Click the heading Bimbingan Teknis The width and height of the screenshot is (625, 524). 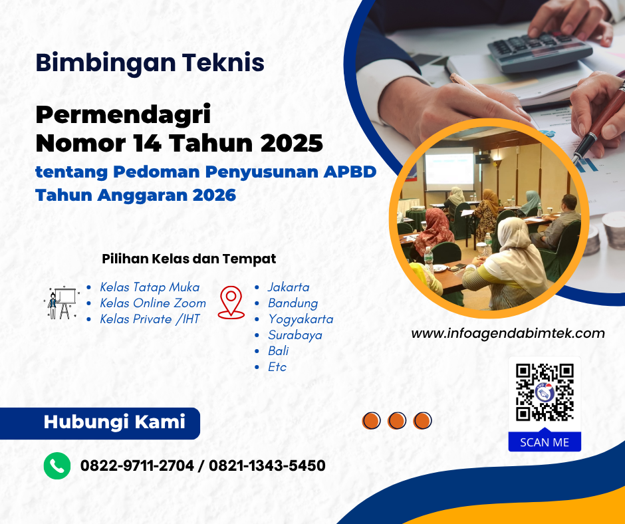tap(150, 63)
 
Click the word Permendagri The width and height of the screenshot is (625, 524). tap(123, 114)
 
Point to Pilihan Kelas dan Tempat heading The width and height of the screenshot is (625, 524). tap(189, 259)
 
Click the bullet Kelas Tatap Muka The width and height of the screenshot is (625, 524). tap(150, 287)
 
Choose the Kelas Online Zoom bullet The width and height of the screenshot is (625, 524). tap(153, 303)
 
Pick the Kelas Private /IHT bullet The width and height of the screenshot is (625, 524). tap(150, 319)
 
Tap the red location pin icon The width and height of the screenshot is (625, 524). tap(231, 302)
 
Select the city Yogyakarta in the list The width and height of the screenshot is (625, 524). tap(301, 319)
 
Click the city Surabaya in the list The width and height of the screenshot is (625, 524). tap(295, 335)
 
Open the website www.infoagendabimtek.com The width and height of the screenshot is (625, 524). tap(508, 333)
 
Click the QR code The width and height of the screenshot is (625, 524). tap(545, 392)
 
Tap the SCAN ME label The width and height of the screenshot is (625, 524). tap(545, 442)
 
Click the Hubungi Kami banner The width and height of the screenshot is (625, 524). tap(114, 422)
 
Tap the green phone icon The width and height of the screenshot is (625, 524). tap(57, 465)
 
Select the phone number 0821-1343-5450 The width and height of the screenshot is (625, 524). tap(267, 465)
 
